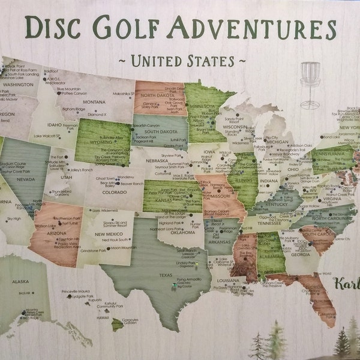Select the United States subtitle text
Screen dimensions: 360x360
pos(180,60)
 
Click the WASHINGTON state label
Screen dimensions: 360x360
pos(19,85)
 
